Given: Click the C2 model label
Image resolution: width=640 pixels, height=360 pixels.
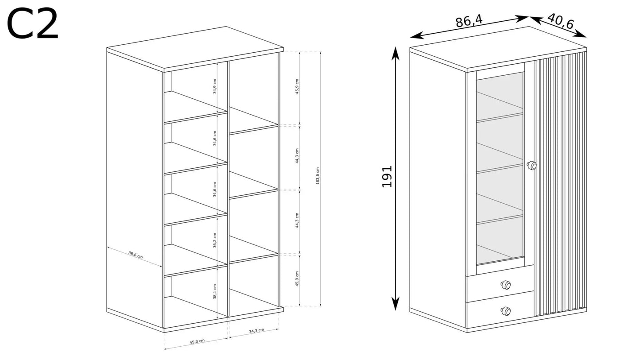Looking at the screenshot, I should tap(32, 24).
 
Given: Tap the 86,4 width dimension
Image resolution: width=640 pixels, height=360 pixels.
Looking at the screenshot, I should tap(469, 21).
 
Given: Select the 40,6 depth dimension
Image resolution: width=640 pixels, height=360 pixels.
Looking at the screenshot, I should tap(560, 21).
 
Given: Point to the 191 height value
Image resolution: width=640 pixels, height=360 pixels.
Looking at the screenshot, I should tap(387, 176).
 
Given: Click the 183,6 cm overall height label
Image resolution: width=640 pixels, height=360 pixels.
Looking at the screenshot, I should tap(318, 176).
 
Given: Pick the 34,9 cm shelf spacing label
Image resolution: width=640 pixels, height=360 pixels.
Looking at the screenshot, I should tap(215, 86).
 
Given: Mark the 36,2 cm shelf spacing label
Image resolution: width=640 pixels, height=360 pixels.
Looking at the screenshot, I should tap(215, 240).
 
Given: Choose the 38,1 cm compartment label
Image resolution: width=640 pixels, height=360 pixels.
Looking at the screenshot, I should tap(215, 291).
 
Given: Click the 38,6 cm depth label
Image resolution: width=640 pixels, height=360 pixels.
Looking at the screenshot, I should tap(136, 255).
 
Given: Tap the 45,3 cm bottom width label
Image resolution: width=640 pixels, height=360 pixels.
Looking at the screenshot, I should tap(197, 341).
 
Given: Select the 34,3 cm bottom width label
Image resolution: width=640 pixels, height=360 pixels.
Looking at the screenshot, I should tap(256, 331).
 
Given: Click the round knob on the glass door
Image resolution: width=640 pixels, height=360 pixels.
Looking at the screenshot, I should tap(531, 165).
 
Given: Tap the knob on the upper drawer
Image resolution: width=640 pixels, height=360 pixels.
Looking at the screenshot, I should tap(505, 285).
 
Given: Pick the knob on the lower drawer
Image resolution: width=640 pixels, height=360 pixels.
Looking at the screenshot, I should tap(505, 311).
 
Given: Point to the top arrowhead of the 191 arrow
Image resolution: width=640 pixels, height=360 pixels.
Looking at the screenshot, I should tap(396, 52).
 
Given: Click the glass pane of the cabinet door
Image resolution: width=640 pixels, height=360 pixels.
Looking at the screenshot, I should tap(499, 168).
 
